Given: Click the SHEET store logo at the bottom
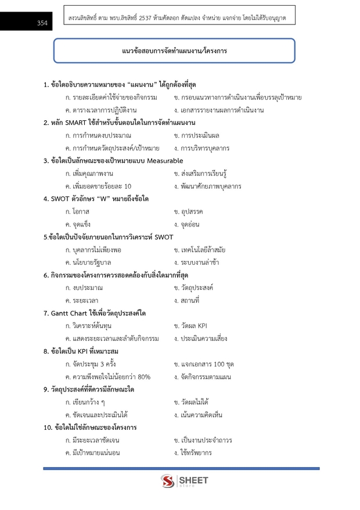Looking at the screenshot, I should pyautogui.click(x=184, y=481).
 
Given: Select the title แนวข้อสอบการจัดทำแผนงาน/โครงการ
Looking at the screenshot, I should pyautogui.click(x=174, y=51).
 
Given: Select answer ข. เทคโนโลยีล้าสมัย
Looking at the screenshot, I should pyautogui.click(x=199, y=250).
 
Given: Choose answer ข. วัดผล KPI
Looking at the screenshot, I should pyautogui.click(x=190, y=326).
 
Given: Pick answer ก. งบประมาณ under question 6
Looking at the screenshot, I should pyautogui.click(x=84, y=288).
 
